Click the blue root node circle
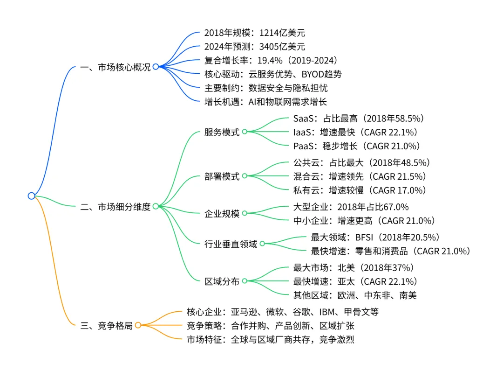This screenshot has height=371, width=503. pos(31,196)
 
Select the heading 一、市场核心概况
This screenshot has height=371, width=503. pos(116,67)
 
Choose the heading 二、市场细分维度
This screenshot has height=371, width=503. pos(116,206)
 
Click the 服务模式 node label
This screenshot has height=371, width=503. pos(222,132)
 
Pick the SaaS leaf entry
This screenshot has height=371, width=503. pos(358,118)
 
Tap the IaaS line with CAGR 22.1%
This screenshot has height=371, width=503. pos(355,132)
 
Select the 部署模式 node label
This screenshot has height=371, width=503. pos(222,176)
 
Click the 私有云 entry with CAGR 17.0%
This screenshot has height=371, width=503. pos(360,190)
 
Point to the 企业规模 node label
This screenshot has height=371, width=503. pos(222,214)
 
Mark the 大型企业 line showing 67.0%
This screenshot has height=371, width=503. pos(351,207)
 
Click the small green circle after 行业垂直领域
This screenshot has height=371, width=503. pos(262,244)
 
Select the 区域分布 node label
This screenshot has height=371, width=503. pos(222,281)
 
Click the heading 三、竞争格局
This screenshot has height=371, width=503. pos(107,326)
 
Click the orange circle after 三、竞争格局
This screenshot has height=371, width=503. pos(138,325)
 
